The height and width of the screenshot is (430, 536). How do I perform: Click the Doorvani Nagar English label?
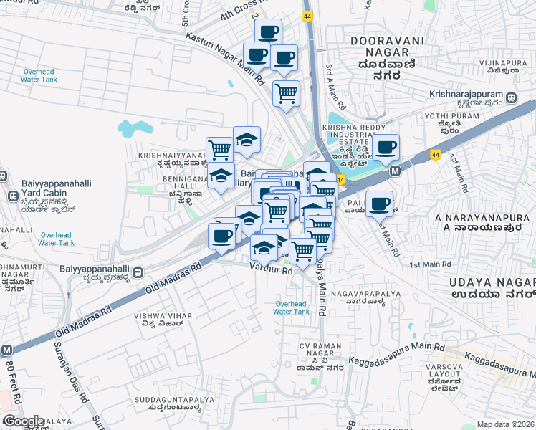pyautogui.click(x=387, y=47)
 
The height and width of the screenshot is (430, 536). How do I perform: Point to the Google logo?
pyautogui.click(x=24, y=421)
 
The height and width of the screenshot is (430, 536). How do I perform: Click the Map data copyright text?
pyautogui.click(x=506, y=424)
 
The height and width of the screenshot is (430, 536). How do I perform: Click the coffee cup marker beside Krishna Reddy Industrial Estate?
pyautogui.click(x=386, y=146)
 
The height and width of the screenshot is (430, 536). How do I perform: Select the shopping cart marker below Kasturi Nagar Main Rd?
pyautogui.click(x=286, y=92)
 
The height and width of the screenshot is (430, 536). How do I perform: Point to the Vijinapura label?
pyautogui.click(x=504, y=62)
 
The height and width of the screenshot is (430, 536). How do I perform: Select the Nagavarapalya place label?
pyautogui.click(x=363, y=292)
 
